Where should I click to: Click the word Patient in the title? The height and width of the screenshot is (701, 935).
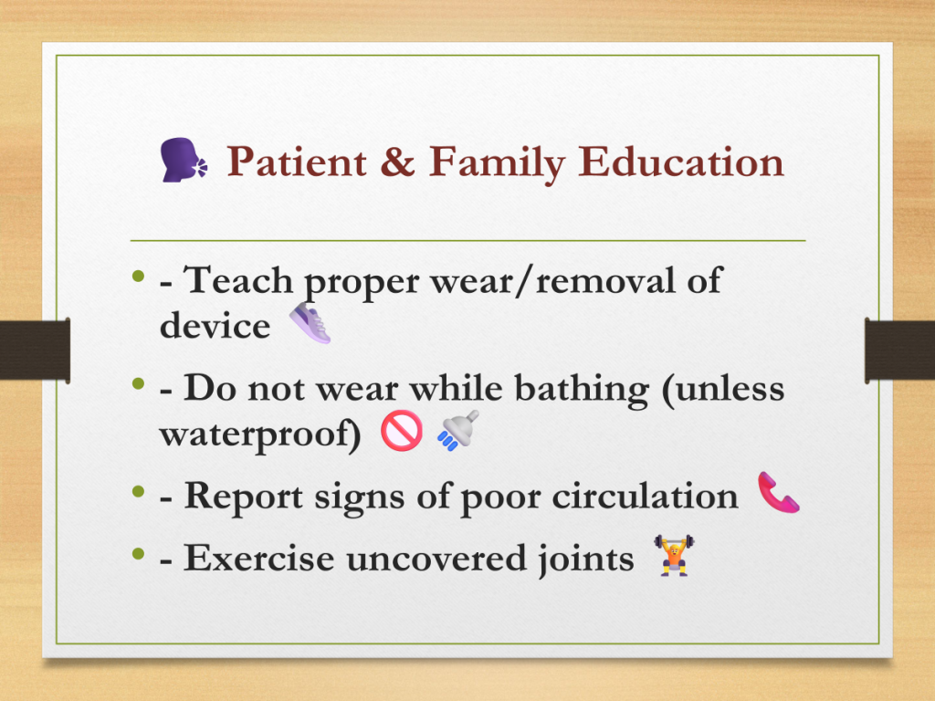pyautogui.click(x=297, y=162)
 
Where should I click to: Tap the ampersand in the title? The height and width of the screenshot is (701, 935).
pyautogui.click(x=397, y=162)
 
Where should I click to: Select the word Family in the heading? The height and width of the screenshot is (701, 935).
pyautogui.click(x=496, y=164)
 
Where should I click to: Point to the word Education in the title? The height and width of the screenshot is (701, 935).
pyautogui.click(x=680, y=162)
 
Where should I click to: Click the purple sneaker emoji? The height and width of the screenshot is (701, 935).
pyautogui.click(x=310, y=322)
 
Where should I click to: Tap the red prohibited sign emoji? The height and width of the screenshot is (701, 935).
pyautogui.click(x=402, y=431)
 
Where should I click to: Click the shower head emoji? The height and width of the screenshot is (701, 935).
pyautogui.click(x=458, y=431)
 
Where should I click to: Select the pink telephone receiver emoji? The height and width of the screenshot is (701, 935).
pyautogui.click(x=779, y=492)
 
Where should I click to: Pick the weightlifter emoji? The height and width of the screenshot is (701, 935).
pyautogui.click(x=674, y=555)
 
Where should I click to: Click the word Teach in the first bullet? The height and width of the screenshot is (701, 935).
pyautogui.click(x=238, y=280)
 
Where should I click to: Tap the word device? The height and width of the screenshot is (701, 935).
pyautogui.click(x=215, y=326)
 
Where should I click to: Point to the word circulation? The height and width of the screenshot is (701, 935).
pyautogui.click(x=646, y=496)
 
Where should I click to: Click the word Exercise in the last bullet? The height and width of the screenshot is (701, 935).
pyautogui.click(x=258, y=559)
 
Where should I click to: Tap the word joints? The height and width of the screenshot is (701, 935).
pyautogui.click(x=585, y=560)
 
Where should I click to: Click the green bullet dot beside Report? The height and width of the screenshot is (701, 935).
pyautogui.click(x=139, y=492)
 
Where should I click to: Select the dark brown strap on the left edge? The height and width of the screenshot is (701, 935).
pyautogui.click(x=36, y=350)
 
